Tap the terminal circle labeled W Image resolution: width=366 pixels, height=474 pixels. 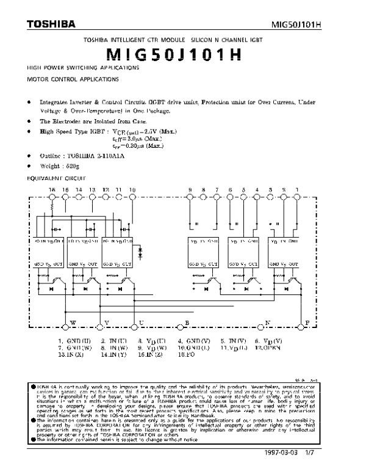tap(65, 321)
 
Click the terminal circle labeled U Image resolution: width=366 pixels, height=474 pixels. tap(134, 321)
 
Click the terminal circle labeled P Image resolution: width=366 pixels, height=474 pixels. tap(298, 321)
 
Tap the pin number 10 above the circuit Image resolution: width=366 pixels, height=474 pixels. tap(132, 191)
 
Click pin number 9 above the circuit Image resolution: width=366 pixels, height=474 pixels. tap(190, 191)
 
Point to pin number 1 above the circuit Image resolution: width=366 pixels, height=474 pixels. tap(297, 191)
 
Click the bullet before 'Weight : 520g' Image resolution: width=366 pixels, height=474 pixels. tap(30, 165)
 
